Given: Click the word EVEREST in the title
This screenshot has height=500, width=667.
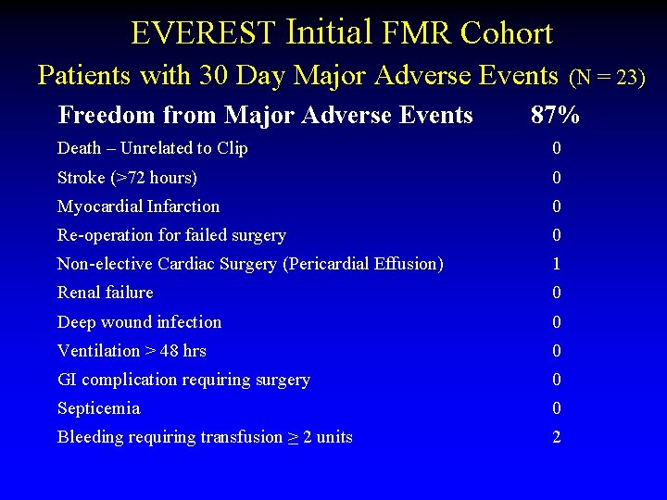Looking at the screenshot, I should pos(203,34).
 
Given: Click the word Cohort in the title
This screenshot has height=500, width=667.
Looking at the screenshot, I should pos(507,34).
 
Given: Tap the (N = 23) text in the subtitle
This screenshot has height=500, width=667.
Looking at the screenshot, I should pos(607,78).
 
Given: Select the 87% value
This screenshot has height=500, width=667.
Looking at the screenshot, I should pos(555,116).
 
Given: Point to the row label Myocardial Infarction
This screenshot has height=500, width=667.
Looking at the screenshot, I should pos(138,206).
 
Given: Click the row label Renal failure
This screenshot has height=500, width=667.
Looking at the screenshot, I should pos(105,293).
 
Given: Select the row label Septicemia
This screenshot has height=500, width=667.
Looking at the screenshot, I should pos(98,408).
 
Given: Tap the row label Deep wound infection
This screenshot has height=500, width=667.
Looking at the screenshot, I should pos(139,322).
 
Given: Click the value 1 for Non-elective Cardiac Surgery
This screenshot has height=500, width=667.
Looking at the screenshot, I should pos(556,264).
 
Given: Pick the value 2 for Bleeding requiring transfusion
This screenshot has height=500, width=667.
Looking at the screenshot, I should pos(556,437).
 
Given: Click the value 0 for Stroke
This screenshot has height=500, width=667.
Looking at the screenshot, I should pos(556,178).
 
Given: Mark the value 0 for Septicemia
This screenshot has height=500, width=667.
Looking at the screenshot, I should pos(556,408).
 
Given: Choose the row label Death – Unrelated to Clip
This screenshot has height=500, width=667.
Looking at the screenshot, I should pos(152,148).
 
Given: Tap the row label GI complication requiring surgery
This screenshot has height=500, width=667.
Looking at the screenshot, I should pos(183,380).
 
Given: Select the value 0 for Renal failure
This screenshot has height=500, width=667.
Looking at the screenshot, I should pos(556,293).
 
